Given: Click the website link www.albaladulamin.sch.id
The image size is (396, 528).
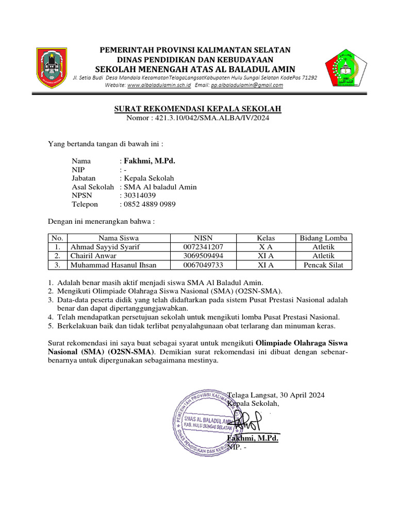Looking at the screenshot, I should coord(159,85).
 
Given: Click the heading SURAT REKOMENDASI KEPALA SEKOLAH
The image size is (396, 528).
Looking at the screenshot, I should coord(197,109).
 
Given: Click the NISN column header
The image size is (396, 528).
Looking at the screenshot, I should coord(203,238).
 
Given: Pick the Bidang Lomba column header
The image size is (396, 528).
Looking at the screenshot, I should coord(324,238).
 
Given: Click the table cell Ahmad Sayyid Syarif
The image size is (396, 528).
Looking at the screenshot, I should coord(105,247).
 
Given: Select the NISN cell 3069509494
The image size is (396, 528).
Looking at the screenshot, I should coord(203,256).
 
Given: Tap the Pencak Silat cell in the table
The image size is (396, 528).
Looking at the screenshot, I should coord(324,265).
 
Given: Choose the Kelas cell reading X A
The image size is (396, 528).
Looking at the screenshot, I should coord(266,247).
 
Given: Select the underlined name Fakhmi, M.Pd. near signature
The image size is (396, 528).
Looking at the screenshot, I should coord(253,438).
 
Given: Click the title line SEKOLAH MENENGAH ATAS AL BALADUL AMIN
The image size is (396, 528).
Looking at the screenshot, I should coord(195,69).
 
